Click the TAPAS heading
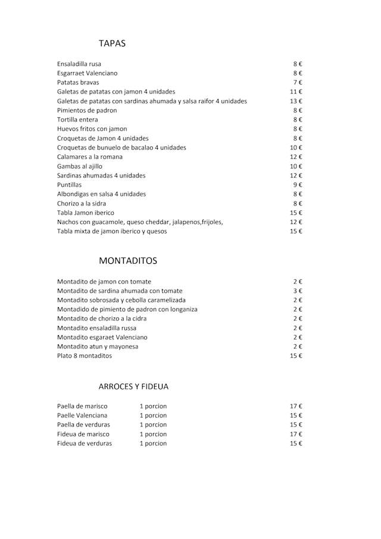click(x=112, y=43)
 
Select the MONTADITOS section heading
click(x=128, y=261)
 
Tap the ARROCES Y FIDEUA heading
click(x=133, y=387)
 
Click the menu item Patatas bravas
click(x=78, y=82)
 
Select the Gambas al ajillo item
click(x=80, y=166)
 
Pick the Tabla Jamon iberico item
click(x=86, y=213)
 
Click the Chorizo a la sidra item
click(x=82, y=203)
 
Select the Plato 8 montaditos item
click(x=85, y=356)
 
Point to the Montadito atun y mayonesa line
click(x=98, y=346)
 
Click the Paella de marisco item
click(x=82, y=406)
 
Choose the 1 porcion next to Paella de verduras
click(x=153, y=425)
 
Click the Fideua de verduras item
click(x=85, y=443)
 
